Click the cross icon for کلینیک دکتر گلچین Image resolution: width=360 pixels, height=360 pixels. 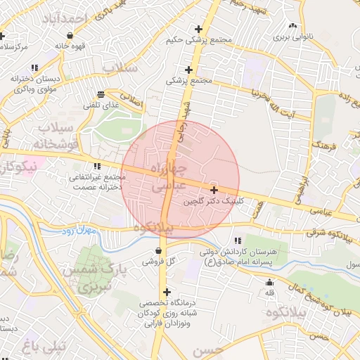pyautogui.click(x=214, y=190)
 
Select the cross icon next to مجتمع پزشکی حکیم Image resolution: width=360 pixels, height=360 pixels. pyautogui.click(x=199, y=29)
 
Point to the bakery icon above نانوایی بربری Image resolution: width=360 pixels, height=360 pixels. pyautogui.click(x=292, y=26)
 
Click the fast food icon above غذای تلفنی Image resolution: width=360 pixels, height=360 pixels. pyautogui.click(x=102, y=94)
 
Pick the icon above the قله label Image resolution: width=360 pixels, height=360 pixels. pyautogui.click(x=269, y=282)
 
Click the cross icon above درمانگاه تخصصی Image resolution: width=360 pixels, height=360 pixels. pyautogui.click(x=167, y=292)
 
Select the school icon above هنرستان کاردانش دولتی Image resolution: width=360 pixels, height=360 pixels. pyautogui.click(x=245, y=240)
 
